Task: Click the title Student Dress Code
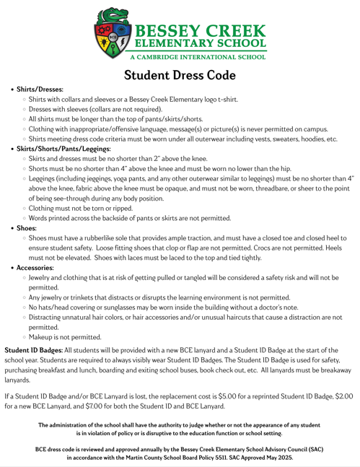click(x=180, y=74)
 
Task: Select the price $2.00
click(x=339, y=396)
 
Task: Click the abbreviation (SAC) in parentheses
click(x=315, y=448)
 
